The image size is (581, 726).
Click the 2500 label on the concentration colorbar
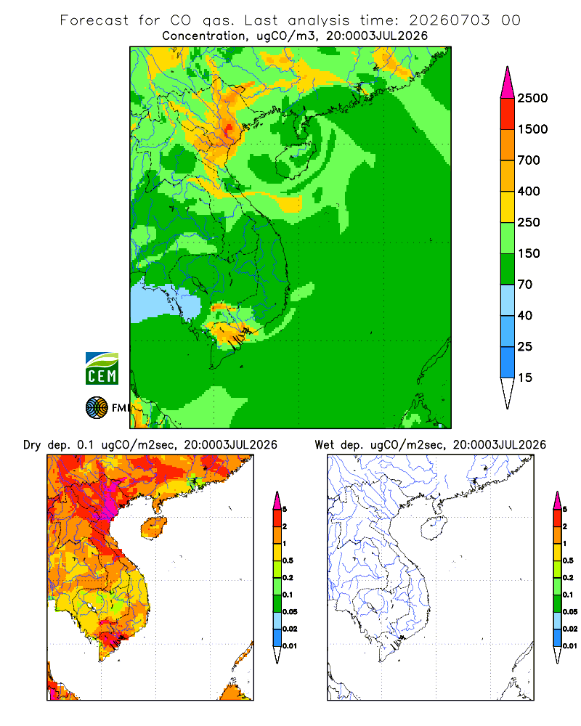(532, 98)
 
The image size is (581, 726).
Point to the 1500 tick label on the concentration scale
(532, 129)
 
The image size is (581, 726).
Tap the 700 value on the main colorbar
(529, 160)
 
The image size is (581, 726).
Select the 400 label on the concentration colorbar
(529, 191)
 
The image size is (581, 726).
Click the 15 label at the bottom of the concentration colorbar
(525, 378)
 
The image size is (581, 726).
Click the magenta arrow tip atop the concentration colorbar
(508, 82)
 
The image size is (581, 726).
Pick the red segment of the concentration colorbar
(508, 114)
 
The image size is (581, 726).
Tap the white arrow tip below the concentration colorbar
(508, 393)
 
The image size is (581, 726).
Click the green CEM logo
(102, 369)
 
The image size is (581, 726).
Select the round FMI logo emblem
(97, 408)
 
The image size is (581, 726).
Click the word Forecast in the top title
(94, 20)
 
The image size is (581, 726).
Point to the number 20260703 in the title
(449, 20)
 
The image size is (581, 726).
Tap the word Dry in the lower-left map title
(32, 445)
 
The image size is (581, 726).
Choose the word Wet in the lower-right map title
(324, 445)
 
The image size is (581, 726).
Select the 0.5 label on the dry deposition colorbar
(288, 560)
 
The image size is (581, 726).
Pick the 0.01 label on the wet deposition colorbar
(570, 646)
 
